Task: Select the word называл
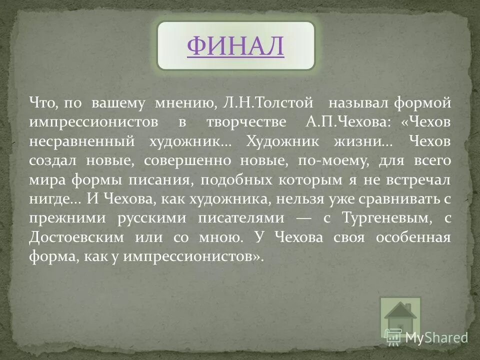(357, 103)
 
